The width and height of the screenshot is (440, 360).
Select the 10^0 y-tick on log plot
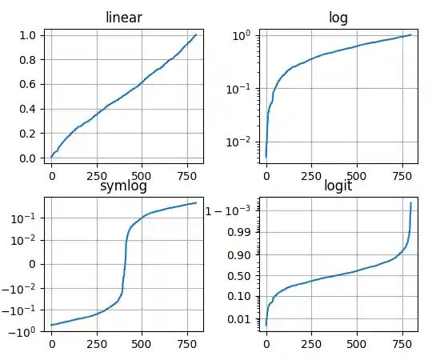pyautogui.click(x=242, y=35)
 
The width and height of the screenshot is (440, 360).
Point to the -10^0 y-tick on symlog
pyautogui.click(x=25, y=331)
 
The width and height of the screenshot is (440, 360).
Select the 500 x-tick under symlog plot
pyautogui.click(x=142, y=346)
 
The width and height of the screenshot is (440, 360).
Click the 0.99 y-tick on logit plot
pyautogui.click(x=239, y=233)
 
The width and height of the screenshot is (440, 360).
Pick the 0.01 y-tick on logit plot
pyautogui.click(x=239, y=320)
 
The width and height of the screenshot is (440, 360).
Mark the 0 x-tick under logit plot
pyautogui.click(x=266, y=346)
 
